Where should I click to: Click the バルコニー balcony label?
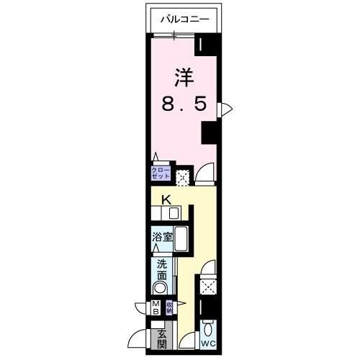185,20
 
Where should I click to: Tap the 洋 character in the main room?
184,75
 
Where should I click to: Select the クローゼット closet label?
160,173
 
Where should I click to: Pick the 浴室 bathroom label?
162,236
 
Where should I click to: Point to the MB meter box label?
156,308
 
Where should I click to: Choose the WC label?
208,343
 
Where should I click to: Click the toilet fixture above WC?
209,329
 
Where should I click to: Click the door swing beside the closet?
205,173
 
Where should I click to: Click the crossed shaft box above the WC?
209,287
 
